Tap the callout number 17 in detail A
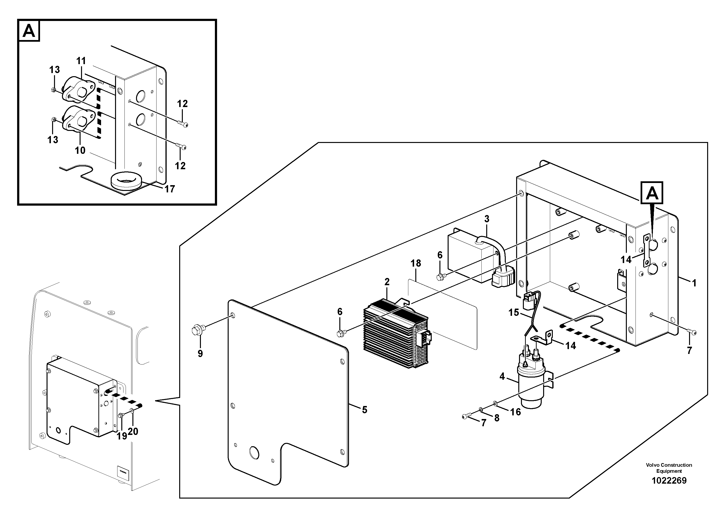click(x=170, y=189)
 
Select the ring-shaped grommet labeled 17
click(x=126, y=182)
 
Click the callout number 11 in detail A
click(x=81, y=61)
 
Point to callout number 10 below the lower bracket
click(x=80, y=150)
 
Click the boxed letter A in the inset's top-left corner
click(x=29, y=31)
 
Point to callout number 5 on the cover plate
click(x=365, y=410)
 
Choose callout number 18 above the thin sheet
click(x=416, y=264)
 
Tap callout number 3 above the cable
click(x=487, y=219)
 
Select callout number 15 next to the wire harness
click(x=513, y=312)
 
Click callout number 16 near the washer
click(x=516, y=412)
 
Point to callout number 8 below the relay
click(x=497, y=418)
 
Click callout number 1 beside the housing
click(x=694, y=283)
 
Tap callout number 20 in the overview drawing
click(x=133, y=432)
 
